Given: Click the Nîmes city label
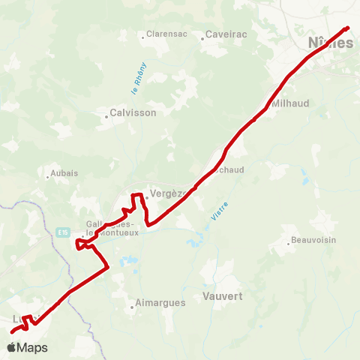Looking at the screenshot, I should point(330,43).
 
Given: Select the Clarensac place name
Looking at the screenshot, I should point(166,34).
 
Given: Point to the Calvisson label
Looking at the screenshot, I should point(133,112).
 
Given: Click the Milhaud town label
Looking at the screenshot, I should point(289,102).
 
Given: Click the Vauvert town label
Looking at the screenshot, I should point(222,296).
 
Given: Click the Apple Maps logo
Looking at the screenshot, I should point(27,347).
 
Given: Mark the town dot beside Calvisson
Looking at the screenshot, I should point(106,115).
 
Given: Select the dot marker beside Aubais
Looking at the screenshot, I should point(48,177).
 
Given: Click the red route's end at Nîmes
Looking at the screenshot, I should point(348,28).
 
